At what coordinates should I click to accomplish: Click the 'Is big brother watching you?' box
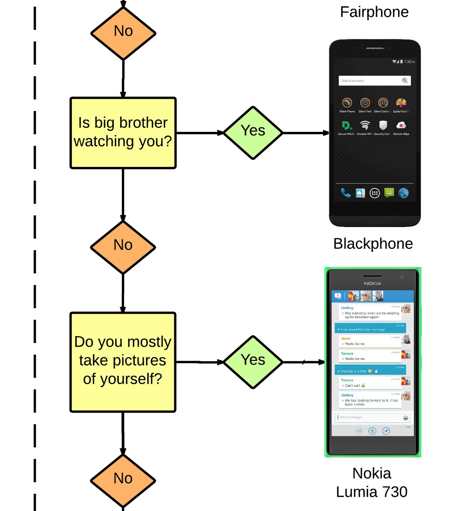[x=123, y=133]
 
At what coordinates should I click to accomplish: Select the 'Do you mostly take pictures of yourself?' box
[x=123, y=362]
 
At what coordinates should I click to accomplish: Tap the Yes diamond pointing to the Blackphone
[x=253, y=133]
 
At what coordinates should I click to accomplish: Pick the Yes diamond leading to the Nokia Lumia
[x=253, y=362]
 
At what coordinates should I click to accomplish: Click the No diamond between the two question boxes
[x=123, y=247]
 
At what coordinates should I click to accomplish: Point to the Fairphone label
[x=374, y=12]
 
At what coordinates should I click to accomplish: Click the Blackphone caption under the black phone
[x=373, y=244]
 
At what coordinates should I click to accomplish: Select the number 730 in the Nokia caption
[x=393, y=492]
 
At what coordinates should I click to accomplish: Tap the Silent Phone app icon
[x=347, y=103]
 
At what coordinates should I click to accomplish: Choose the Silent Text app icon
[x=365, y=103]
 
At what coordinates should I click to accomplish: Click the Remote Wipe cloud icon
[x=401, y=125]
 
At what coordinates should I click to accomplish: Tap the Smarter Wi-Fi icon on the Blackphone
[x=365, y=125]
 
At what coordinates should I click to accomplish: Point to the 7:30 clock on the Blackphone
[x=409, y=62]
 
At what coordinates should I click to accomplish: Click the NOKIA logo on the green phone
[x=373, y=283]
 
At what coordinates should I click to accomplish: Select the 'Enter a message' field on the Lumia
[x=369, y=417]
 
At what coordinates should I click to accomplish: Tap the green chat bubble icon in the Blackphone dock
[x=389, y=193]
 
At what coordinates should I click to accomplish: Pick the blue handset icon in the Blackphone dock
[x=345, y=193]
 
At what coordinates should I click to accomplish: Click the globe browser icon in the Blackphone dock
[x=403, y=193]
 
